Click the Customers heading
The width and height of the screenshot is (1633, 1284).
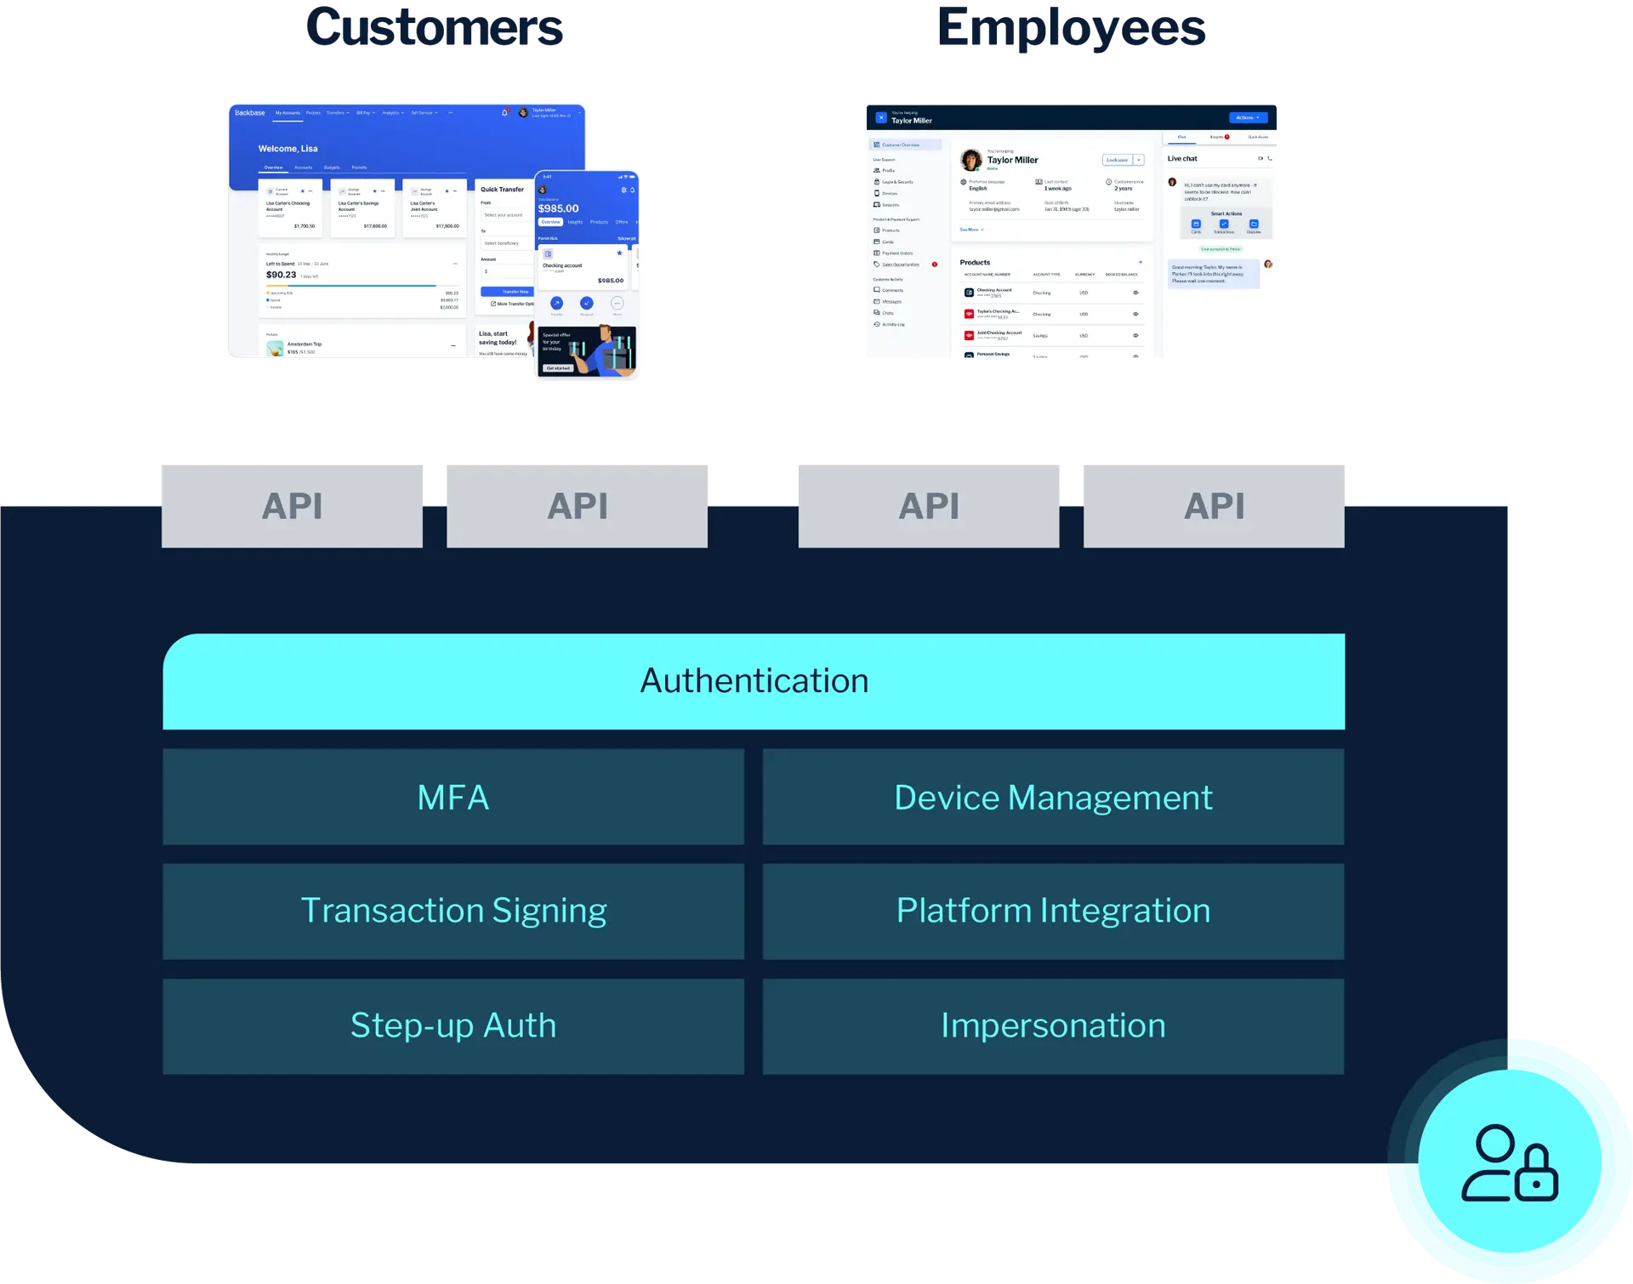(434, 27)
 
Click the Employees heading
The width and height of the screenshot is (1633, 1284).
(1071, 27)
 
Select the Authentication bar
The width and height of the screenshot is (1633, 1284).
(754, 681)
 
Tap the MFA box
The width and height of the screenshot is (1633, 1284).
(453, 798)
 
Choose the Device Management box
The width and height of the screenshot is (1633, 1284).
(1053, 798)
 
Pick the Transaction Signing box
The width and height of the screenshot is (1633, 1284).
(453, 912)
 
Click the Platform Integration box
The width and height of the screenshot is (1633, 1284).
(1053, 912)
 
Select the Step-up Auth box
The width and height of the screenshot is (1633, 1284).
(453, 1026)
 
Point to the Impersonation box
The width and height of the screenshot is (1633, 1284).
(1053, 1026)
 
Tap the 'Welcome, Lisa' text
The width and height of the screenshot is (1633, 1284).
(287, 149)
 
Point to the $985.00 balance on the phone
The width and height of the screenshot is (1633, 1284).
(558, 209)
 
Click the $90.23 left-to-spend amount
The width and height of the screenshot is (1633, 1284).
(281, 276)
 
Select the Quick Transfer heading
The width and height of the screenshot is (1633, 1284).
(502, 190)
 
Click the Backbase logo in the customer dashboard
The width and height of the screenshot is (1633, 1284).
(249, 113)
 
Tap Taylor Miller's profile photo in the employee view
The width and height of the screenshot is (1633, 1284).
(970, 160)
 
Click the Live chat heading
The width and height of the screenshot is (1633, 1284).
(1181, 159)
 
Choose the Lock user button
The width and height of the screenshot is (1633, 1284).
(1117, 160)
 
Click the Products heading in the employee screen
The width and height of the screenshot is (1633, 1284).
(975, 263)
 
